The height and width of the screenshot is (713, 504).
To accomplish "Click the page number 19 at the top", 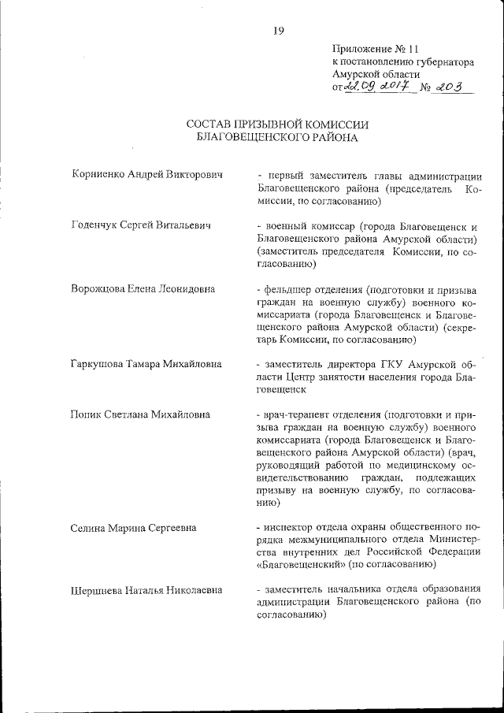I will click(x=278, y=31).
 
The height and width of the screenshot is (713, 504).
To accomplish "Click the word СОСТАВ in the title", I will click(x=210, y=124).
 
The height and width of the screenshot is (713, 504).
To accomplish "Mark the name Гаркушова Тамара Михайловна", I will click(x=146, y=364).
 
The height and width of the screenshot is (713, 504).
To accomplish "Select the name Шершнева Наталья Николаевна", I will click(x=146, y=590).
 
